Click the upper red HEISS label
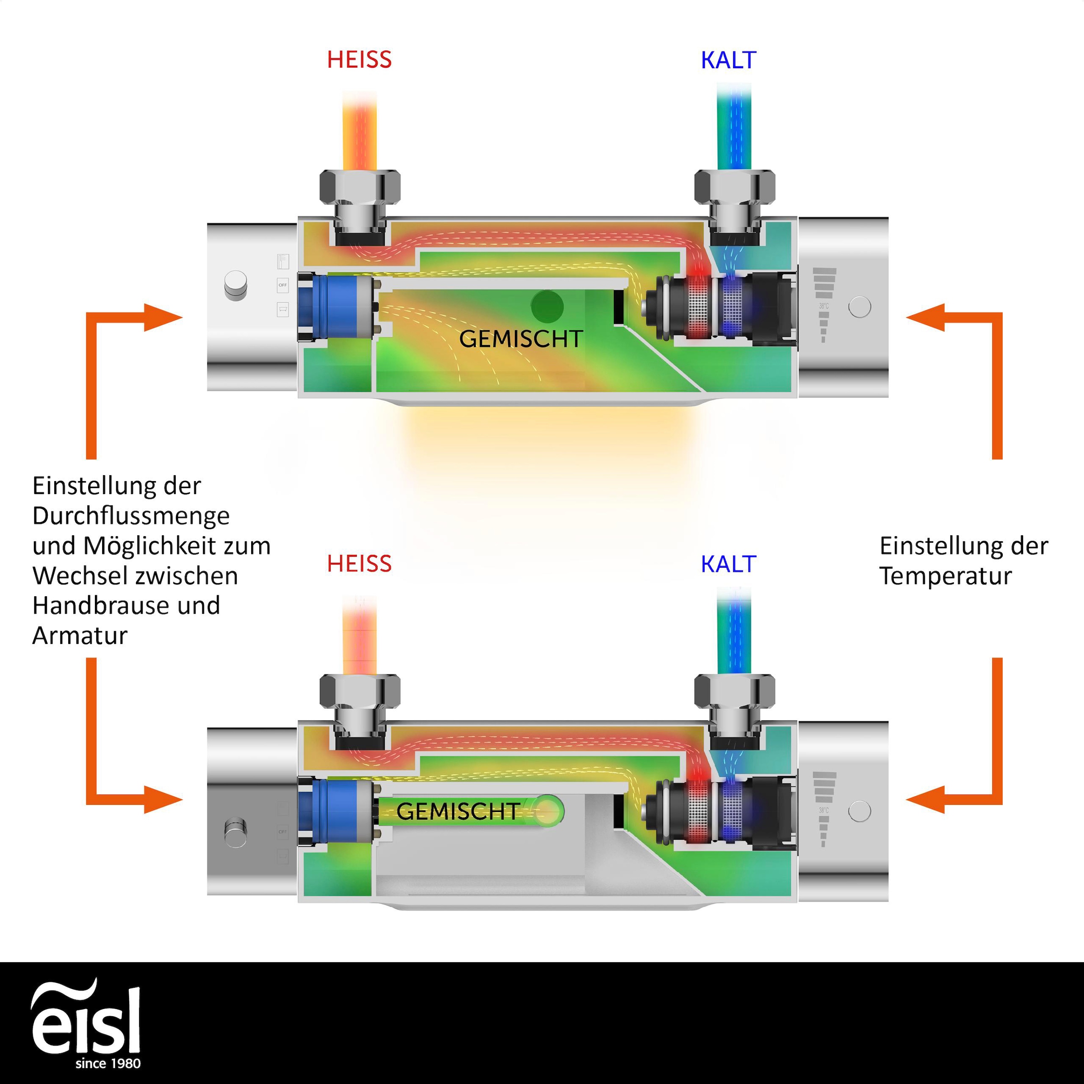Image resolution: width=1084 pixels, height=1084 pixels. coord(359,60)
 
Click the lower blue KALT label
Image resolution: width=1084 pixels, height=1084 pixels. coord(728,564)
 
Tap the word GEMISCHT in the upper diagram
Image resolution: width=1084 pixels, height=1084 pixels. coord(521,339)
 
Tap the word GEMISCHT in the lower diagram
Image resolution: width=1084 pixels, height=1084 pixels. coord(457,811)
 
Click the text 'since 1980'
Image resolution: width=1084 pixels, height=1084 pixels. coord(108,1063)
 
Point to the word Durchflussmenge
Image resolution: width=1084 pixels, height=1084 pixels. coord(131,516)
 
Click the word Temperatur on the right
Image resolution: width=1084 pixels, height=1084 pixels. coord(945,576)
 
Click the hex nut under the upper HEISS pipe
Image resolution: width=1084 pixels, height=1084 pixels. coord(360,186)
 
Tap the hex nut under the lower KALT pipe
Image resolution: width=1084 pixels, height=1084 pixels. coord(734,691)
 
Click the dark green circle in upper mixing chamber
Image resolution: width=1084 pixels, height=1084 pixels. coord(547,306)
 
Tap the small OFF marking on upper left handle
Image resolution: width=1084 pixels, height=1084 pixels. coord(283,285)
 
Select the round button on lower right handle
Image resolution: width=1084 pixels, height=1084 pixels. coord(860,811)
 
